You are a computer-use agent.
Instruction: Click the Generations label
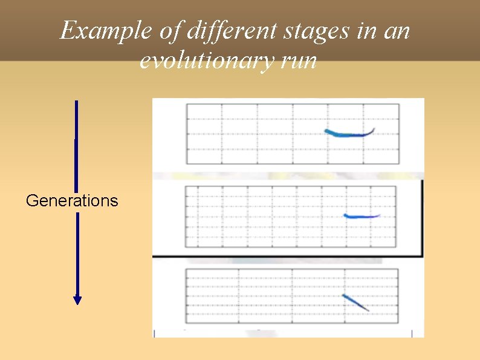pos(72,201)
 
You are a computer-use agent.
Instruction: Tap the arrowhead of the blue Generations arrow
pos(77,299)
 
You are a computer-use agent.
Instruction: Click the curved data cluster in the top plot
pos(347,134)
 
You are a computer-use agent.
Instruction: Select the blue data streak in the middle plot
pos(360,216)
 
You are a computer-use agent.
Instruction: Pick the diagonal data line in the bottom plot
pos(355,303)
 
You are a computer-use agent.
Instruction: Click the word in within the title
pos(366,30)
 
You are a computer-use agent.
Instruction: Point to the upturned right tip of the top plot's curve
pos(374,129)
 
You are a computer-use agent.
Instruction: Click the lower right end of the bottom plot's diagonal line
pos(368,311)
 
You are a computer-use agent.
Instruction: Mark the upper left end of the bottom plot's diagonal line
pos(343,295)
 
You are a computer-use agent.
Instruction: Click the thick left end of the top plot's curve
pos(327,131)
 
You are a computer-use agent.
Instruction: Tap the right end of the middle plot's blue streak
pos(378,215)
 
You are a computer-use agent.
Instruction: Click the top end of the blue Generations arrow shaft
pos(77,102)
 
